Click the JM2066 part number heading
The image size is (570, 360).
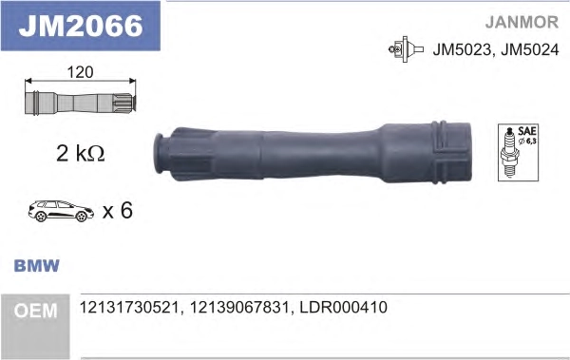(81, 26)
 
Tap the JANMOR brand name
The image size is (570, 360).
(522, 22)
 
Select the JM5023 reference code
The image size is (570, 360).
(462, 49)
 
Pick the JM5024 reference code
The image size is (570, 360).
(530, 49)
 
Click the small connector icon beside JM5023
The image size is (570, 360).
(406, 49)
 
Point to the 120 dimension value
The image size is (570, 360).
(81, 72)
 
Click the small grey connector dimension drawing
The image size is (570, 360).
(81, 104)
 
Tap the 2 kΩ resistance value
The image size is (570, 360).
(81, 154)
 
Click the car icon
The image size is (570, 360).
(61, 211)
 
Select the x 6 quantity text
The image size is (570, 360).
(118, 210)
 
